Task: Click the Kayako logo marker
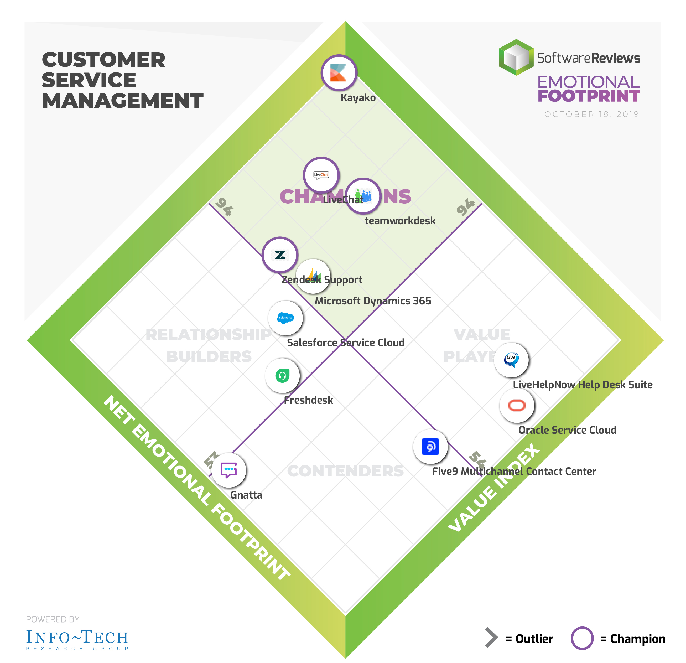[x=339, y=73]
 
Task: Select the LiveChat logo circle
[x=321, y=175]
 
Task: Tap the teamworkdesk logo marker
[x=363, y=196]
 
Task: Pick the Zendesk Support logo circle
[x=280, y=255]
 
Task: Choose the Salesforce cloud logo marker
[x=285, y=318]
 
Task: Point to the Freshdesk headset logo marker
[x=282, y=376]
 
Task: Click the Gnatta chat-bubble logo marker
[x=229, y=470]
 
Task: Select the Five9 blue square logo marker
[x=430, y=447]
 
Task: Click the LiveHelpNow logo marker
[x=511, y=360]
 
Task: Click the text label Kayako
[x=358, y=98]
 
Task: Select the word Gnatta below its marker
[x=246, y=495]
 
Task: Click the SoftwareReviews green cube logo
[x=516, y=58]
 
